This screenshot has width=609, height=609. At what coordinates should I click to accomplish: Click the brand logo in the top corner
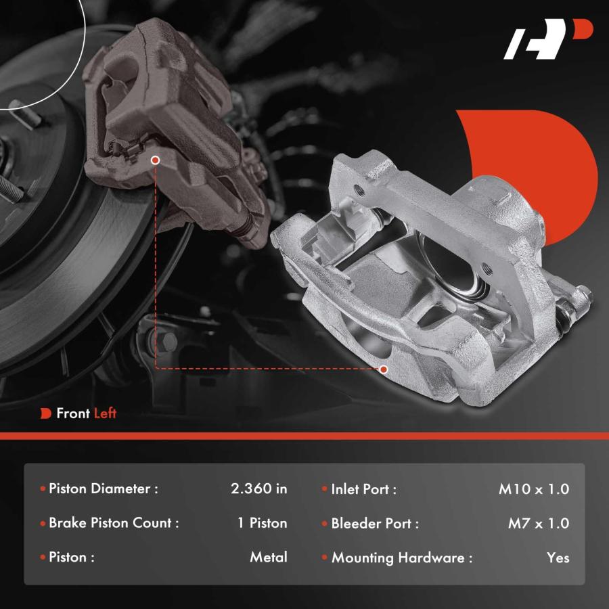point(548,39)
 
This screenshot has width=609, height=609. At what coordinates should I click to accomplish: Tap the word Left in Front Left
point(105,413)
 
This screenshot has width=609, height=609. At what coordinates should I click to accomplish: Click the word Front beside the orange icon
point(73,413)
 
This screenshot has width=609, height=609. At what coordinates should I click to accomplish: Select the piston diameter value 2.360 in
point(258,489)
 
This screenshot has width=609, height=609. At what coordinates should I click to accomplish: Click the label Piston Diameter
point(104,489)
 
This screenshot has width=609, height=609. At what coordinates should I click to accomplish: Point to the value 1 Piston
point(263,523)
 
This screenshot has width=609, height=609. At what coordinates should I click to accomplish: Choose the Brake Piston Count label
point(114,523)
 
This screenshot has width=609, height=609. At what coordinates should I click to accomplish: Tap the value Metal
point(269,557)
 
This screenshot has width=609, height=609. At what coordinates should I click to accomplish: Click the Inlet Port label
point(363,489)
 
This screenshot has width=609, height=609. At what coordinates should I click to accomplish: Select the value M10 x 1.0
point(534,489)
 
